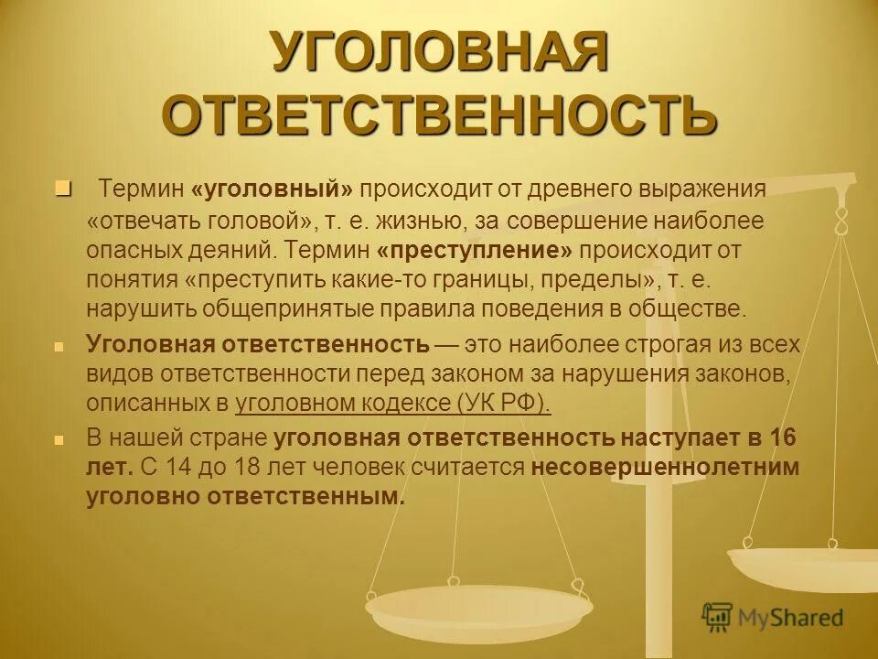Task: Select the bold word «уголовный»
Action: click(x=273, y=189)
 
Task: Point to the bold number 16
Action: click(x=783, y=437)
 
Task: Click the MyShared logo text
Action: click(x=790, y=617)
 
